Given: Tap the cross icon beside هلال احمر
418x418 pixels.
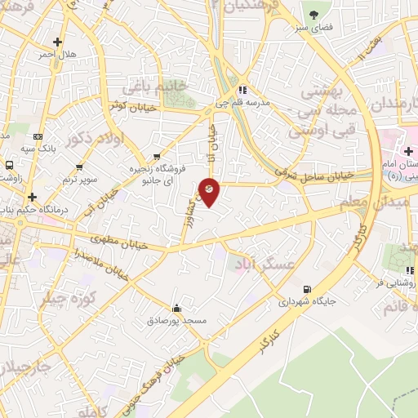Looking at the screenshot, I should point(57,42).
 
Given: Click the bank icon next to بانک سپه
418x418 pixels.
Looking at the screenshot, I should point(38,137).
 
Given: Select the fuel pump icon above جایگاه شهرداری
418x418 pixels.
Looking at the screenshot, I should point(306,288).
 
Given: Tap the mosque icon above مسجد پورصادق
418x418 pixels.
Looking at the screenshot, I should point(177,308).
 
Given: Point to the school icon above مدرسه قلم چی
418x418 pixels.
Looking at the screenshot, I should point(242,91).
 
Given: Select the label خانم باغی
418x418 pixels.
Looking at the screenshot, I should point(154,86).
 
